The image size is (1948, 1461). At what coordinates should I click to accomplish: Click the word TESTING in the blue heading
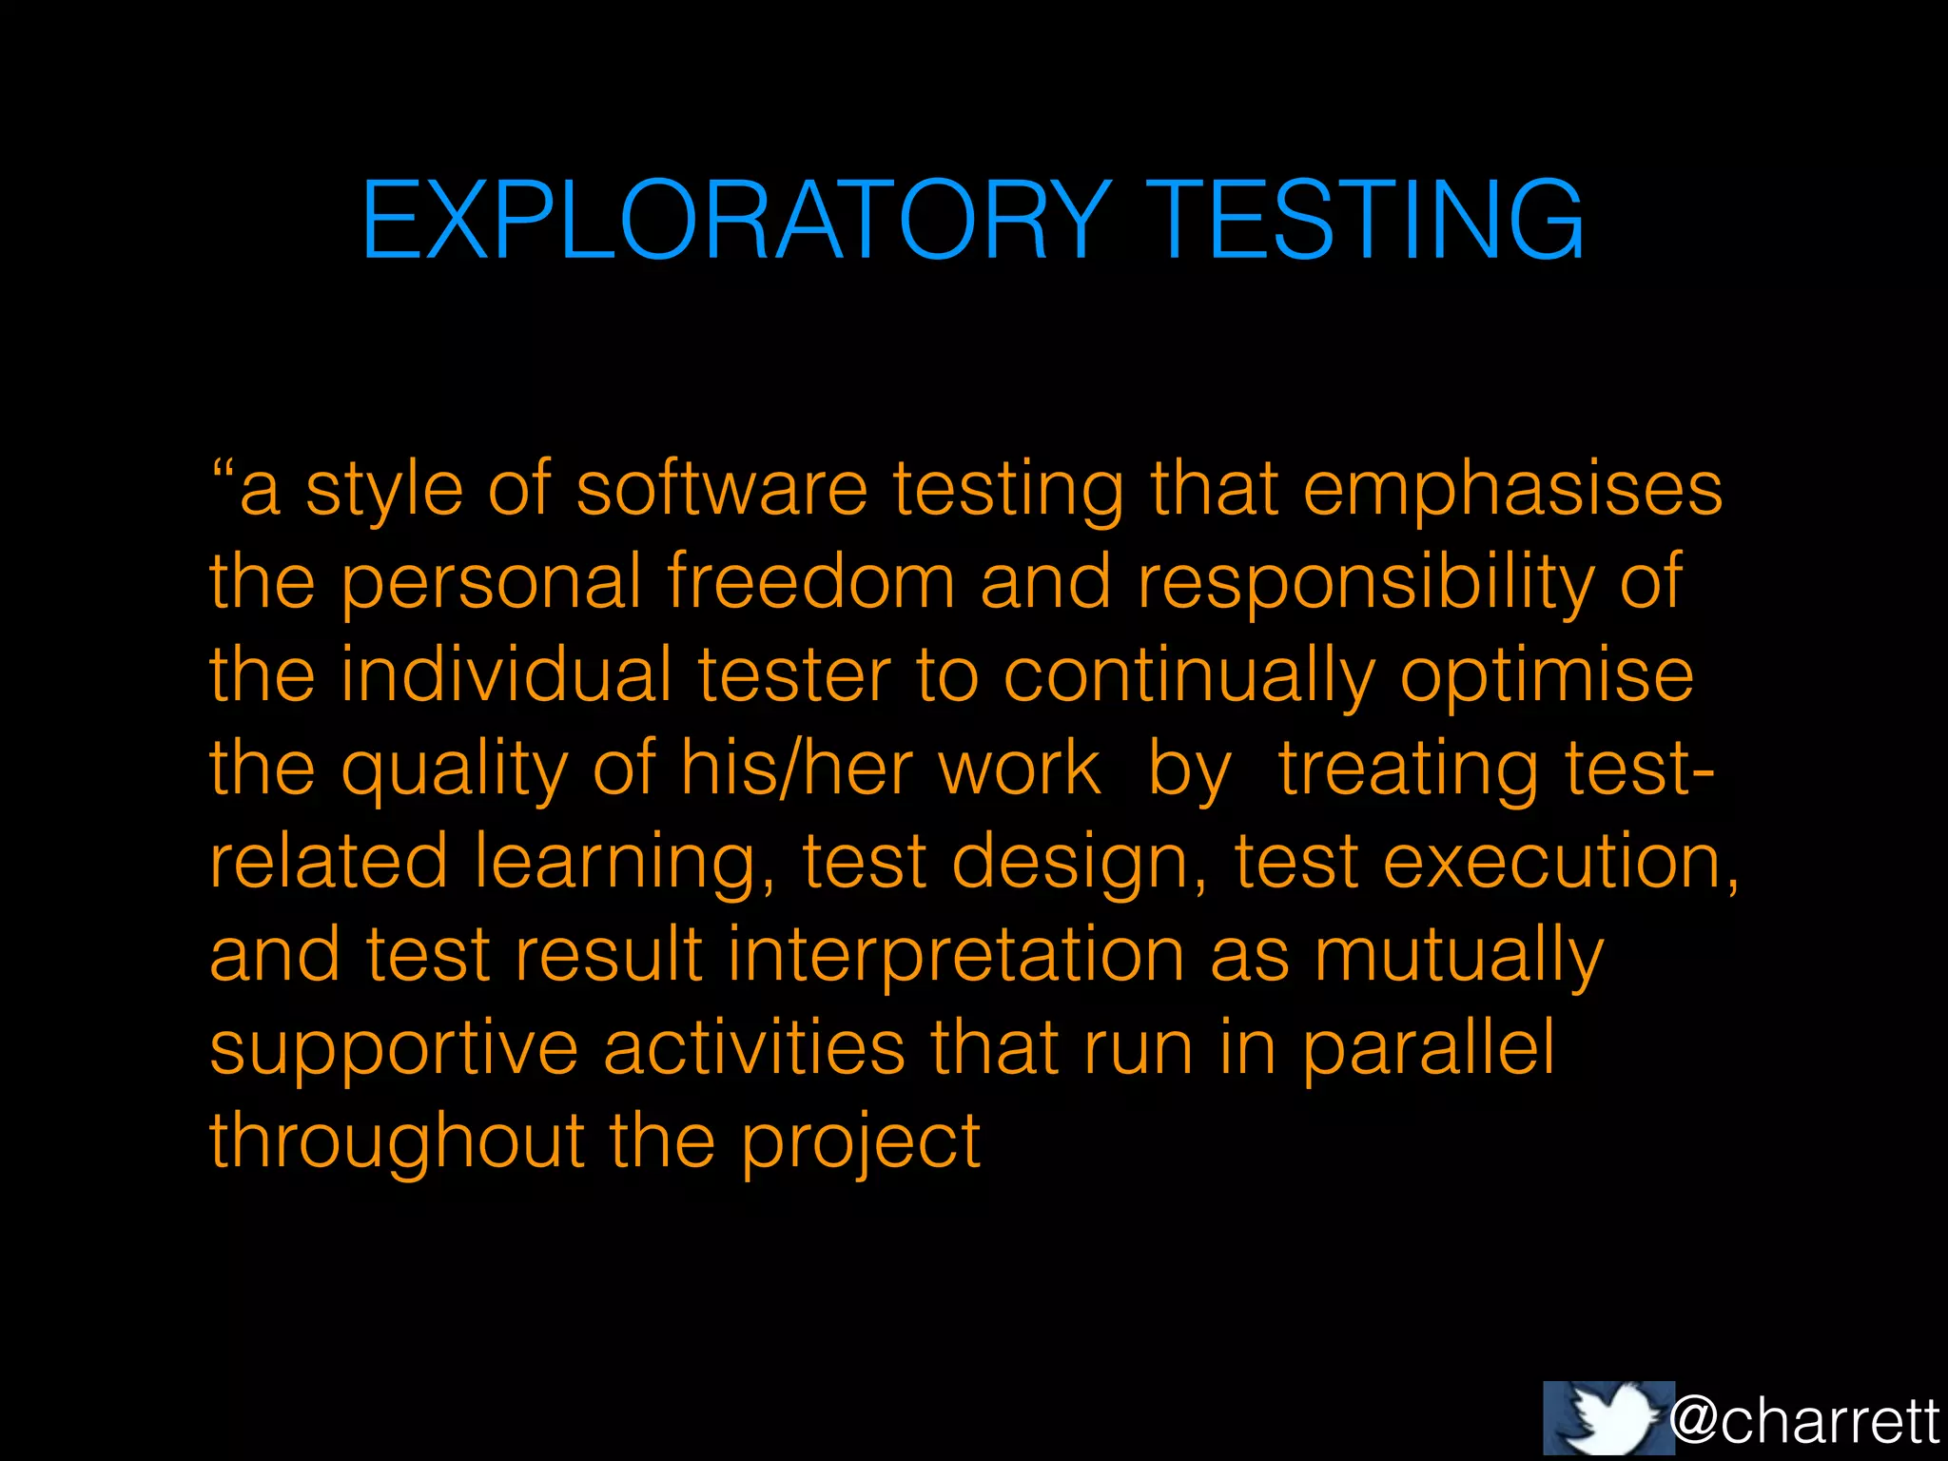coord(1366,221)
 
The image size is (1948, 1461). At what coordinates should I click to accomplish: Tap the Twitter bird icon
coord(1607,1418)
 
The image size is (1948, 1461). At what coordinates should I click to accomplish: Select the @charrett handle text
coord(1803,1421)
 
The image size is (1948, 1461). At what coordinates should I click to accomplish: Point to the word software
coord(722,489)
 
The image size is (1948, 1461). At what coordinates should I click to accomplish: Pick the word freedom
coord(810,581)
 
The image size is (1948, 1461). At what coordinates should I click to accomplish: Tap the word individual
coord(506,674)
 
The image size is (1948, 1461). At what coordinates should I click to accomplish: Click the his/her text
coord(797,768)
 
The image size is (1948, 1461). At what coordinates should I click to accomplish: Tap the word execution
coord(1561,863)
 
